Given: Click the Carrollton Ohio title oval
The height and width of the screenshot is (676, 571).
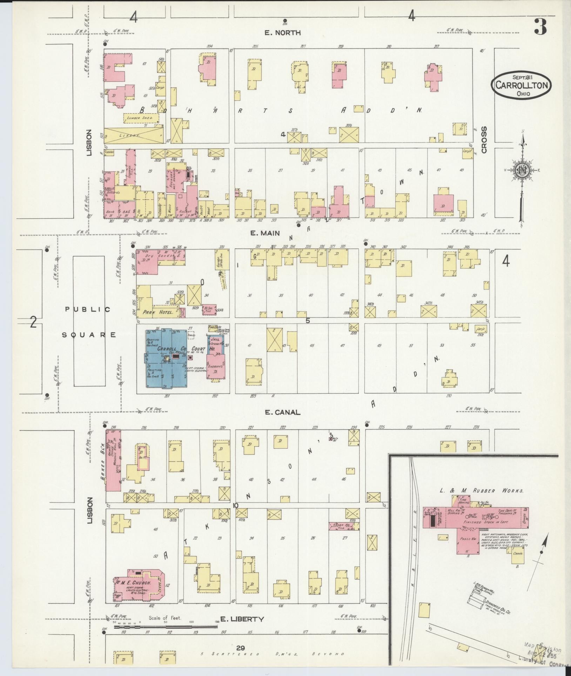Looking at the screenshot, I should pos(521,85).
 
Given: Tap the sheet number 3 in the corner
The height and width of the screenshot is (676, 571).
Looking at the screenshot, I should pos(540,27).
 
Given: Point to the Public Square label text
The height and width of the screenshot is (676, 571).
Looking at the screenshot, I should pos(88,322).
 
